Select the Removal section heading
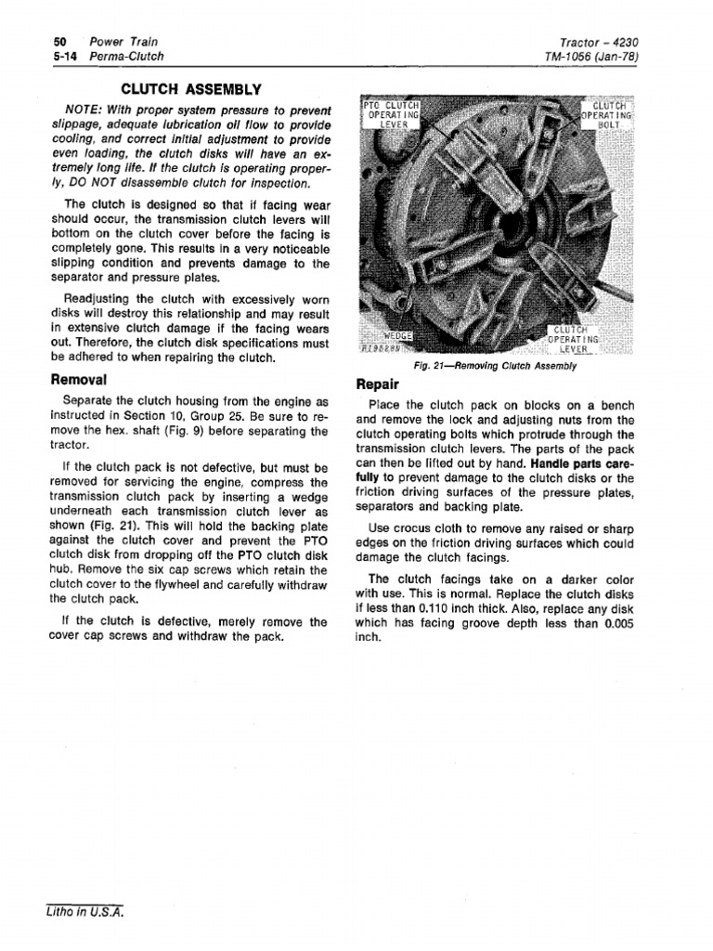pos(80,380)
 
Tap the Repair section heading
pos(378,384)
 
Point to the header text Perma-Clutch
pos(125,57)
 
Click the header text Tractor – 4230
pos(600,42)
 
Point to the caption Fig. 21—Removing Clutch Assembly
pos(497,366)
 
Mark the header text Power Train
pos(123,42)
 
